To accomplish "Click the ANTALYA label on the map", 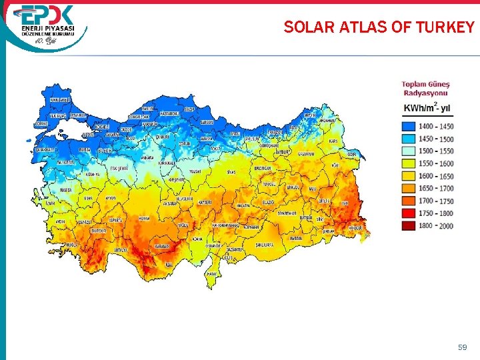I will point(121,250).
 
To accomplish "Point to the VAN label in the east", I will point(345,203).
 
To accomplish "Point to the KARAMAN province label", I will point(161,246).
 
